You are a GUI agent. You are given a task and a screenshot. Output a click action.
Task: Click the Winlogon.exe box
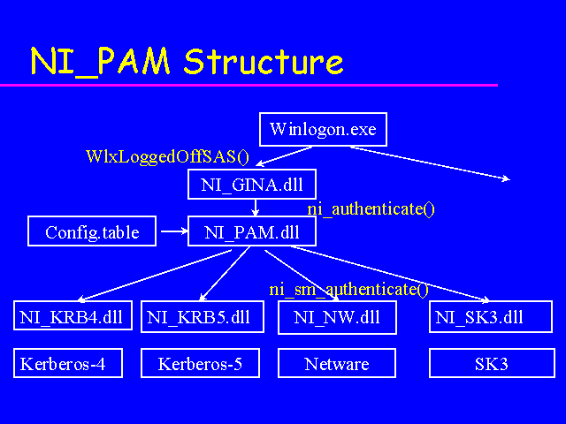tap(323, 130)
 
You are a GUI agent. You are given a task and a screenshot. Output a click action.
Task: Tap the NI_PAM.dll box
tap(252, 232)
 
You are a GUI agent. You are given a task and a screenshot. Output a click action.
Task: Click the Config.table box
tap(92, 232)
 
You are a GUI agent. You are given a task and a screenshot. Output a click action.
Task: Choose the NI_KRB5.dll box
tap(202, 317)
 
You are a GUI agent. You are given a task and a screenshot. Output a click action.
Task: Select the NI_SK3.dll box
tap(492, 317)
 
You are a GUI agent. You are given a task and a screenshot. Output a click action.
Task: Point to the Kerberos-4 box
tap(68, 363)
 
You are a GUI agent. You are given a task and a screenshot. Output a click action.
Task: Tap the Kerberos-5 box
tap(201, 363)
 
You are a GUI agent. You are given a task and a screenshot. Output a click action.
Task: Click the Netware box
tap(337, 363)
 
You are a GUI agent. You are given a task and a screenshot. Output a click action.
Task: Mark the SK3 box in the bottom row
tap(491, 363)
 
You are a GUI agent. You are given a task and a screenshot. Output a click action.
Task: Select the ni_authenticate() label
tap(371, 209)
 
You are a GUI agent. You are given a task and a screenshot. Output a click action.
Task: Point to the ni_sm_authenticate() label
tap(348, 289)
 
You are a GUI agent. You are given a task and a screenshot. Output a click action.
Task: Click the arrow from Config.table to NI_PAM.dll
tap(172, 233)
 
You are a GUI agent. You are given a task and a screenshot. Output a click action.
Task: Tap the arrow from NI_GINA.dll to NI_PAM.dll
tap(255, 208)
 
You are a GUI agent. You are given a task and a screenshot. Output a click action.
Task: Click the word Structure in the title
tap(264, 61)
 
